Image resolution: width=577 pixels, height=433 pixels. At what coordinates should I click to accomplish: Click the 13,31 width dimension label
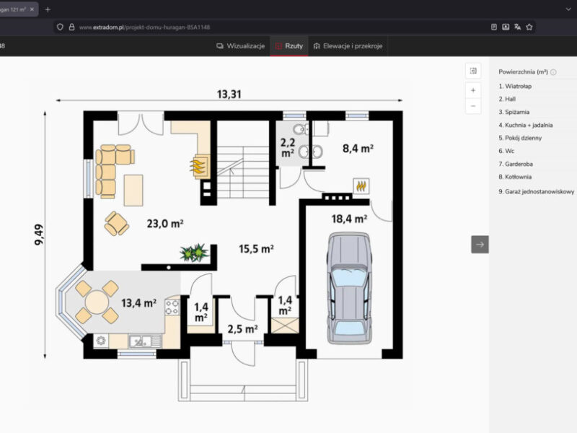[229, 95]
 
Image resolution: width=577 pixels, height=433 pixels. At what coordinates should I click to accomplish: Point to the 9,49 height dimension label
[39, 235]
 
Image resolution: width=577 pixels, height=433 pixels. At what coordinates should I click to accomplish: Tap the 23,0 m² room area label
[165, 224]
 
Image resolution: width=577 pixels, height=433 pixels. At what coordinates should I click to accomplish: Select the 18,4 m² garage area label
[349, 219]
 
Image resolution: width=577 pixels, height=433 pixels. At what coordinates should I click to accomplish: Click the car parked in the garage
[349, 288]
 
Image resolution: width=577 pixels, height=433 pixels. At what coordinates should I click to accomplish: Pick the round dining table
[97, 302]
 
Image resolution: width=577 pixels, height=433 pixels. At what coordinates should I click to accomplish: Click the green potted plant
[194, 253]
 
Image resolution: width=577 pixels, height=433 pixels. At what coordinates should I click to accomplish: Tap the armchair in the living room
[117, 224]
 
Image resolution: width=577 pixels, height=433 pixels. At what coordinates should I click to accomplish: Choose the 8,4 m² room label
[358, 149]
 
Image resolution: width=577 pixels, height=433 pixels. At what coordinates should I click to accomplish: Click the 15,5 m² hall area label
[256, 249]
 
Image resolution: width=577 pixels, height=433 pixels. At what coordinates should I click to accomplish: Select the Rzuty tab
[289, 46]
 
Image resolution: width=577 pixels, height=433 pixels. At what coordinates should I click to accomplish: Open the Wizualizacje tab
[241, 46]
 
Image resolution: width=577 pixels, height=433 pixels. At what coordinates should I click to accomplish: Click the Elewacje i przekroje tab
[348, 46]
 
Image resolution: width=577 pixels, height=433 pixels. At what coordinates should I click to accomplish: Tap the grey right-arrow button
[480, 245]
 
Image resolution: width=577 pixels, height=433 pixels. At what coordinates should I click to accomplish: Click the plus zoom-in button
[473, 90]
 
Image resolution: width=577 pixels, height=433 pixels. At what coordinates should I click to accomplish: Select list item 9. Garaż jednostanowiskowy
[536, 191]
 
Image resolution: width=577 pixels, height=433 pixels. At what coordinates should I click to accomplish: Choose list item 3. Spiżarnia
[514, 112]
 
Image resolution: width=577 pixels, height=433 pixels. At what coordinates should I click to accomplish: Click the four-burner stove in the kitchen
[172, 307]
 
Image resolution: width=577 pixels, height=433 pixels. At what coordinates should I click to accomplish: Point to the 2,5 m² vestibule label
[242, 329]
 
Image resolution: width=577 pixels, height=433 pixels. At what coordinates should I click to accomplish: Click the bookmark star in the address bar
[529, 27]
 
